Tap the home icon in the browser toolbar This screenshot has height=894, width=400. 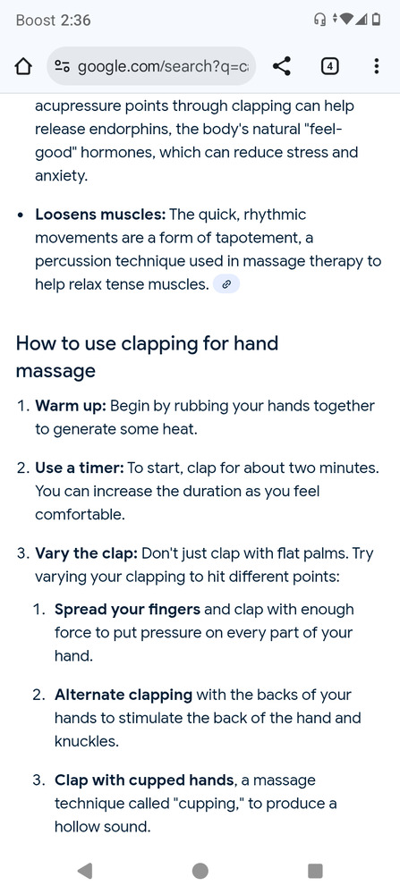[23, 67]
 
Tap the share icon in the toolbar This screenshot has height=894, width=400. [281, 67]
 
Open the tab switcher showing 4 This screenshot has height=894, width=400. [329, 67]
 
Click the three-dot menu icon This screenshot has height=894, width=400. [376, 67]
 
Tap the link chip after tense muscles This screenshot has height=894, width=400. [226, 284]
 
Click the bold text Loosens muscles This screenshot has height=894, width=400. [100, 215]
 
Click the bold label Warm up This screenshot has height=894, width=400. [71, 407]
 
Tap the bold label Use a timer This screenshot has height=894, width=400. [80, 468]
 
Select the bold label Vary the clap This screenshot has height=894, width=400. [86, 553]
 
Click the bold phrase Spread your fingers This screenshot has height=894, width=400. [127, 610]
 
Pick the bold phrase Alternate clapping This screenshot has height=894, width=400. [123, 695]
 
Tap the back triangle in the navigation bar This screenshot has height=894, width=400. [85, 870]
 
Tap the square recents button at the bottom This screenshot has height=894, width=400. [315, 871]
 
